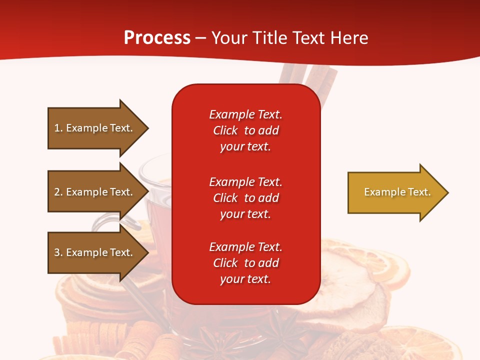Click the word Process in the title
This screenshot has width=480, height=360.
(157, 38)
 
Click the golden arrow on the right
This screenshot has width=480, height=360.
(395, 192)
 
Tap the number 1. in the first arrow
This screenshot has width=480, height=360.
(58, 128)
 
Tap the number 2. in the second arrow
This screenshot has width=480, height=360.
(58, 192)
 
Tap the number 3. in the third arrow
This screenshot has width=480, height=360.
(58, 252)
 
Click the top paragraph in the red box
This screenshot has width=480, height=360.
(245, 130)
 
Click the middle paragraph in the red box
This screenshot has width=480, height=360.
(245, 198)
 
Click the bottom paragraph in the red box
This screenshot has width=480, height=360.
(245, 263)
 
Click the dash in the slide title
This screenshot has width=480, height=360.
(200, 38)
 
